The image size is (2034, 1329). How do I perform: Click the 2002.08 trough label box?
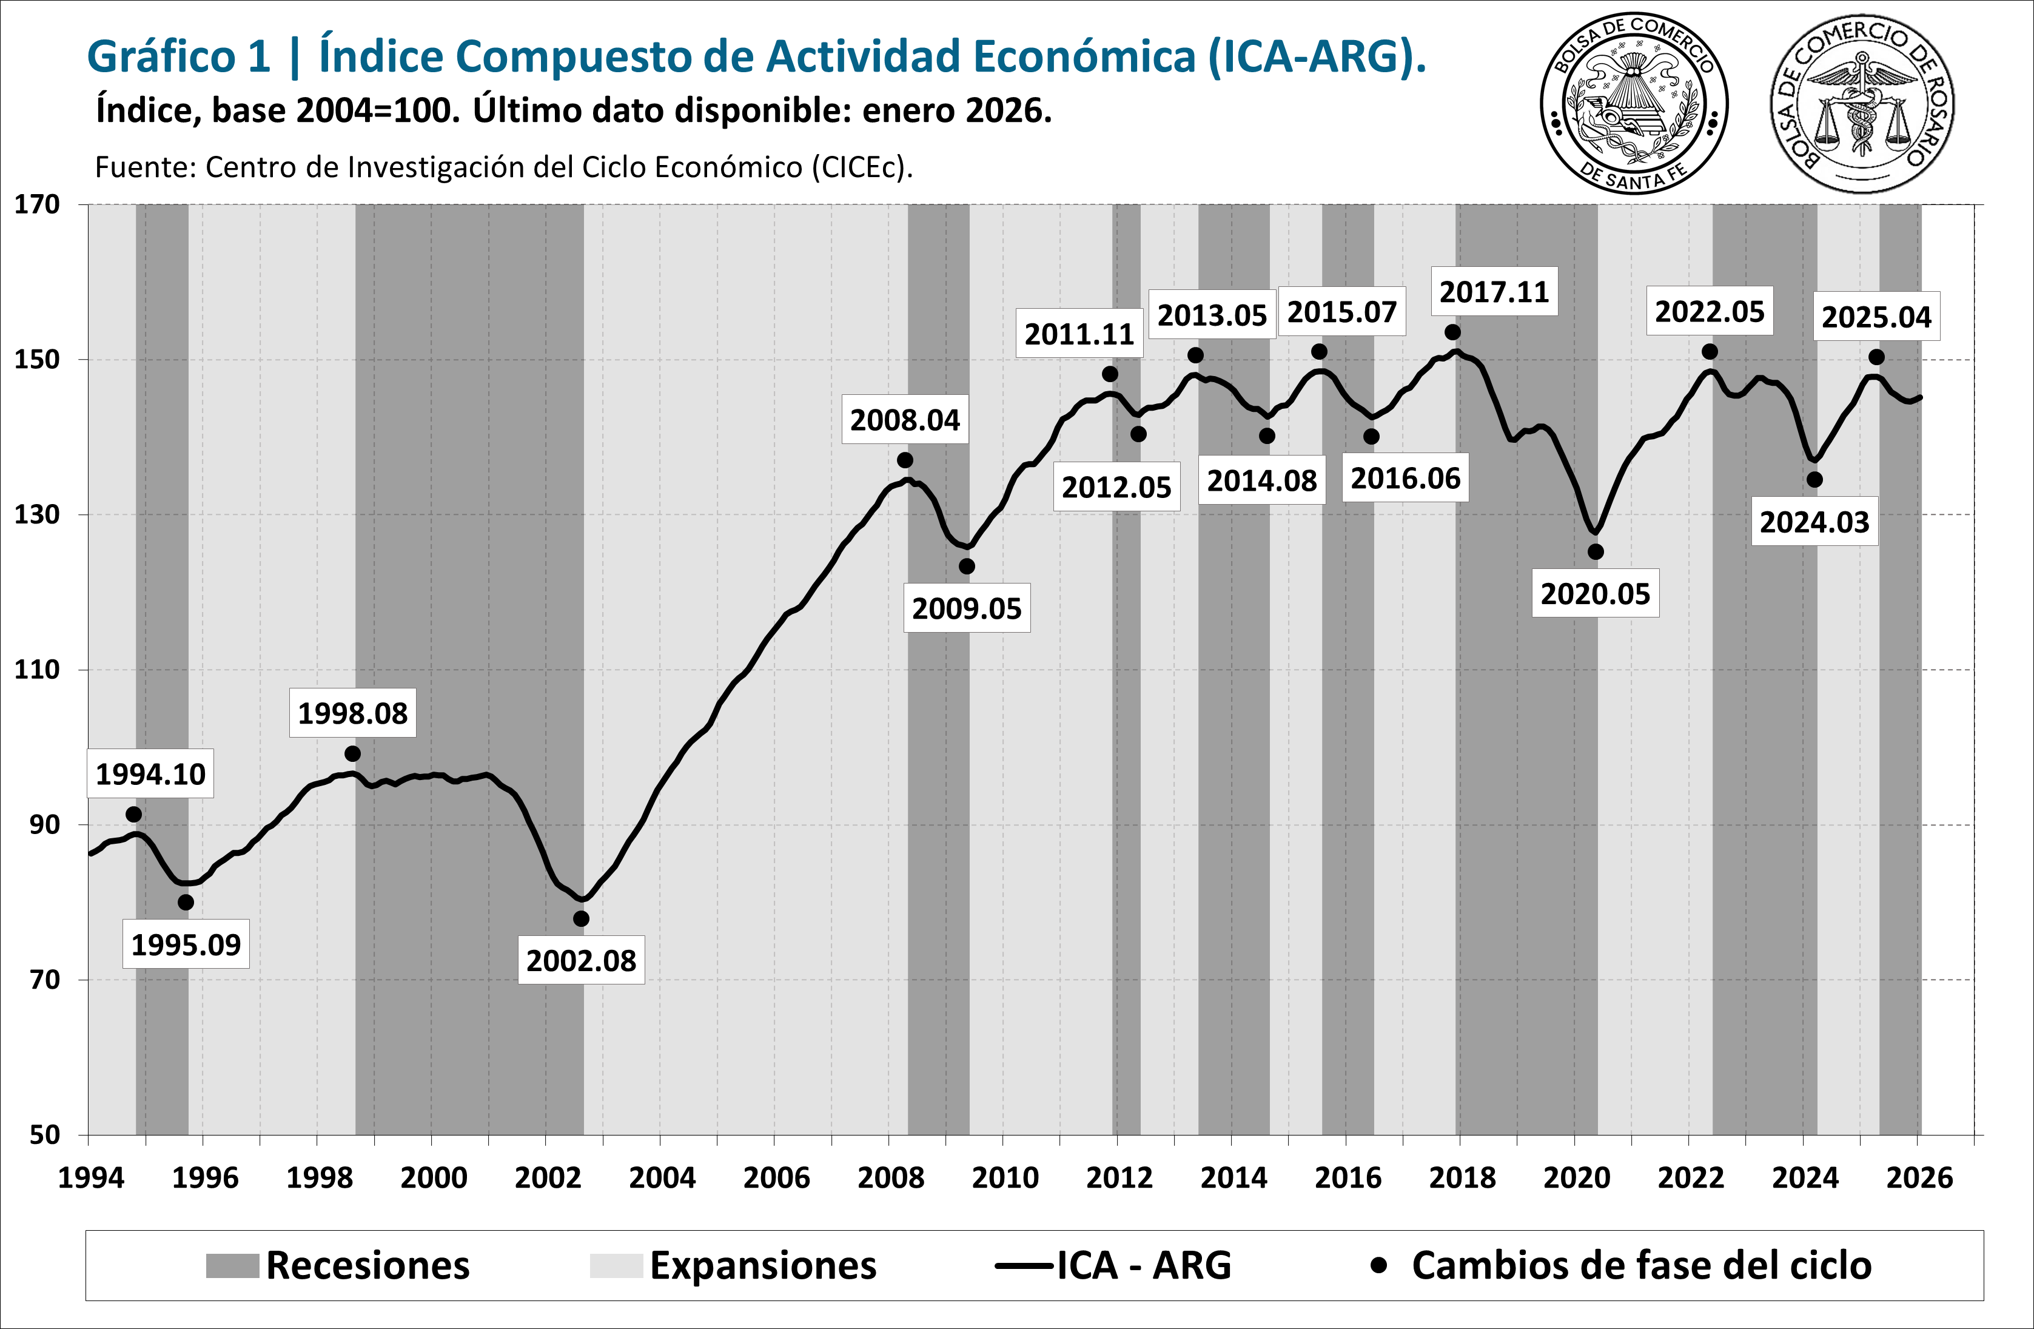click(x=581, y=961)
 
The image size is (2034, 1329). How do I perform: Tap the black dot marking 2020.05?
click(x=1596, y=552)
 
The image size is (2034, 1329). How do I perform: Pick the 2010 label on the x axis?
click(x=1005, y=1179)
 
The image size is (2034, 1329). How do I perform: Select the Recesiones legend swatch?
click(x=232, y=1266)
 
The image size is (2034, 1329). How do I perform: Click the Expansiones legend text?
click(x=762, y=1266)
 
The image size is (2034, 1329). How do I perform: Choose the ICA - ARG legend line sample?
click(x=1023, y=1266)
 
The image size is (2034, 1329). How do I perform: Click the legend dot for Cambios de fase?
click(x=1378, y=1265)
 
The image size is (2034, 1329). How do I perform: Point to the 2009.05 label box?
click(x=967, y=608)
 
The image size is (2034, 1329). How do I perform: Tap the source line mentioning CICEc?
click(x=503, y=167)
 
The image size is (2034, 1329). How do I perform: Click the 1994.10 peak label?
click(x=150, y=775)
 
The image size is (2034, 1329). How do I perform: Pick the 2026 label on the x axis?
click(x=1919, y=1179)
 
